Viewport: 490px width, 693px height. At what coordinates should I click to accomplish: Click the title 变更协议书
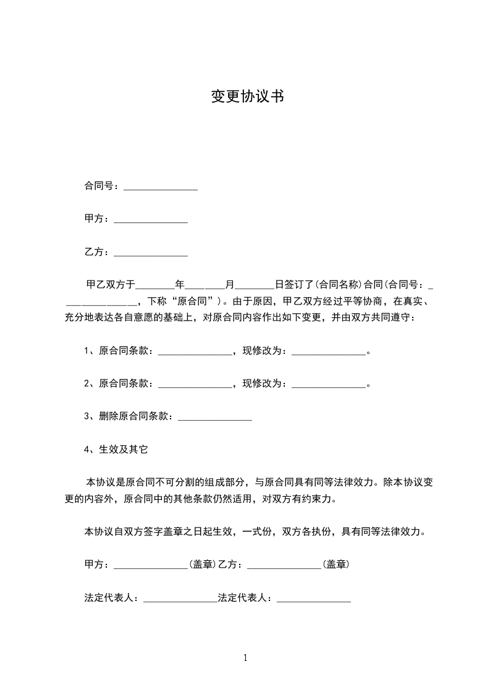247,96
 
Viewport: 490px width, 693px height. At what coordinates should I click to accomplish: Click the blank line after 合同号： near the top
161,187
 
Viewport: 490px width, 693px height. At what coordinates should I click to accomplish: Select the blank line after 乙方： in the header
151,253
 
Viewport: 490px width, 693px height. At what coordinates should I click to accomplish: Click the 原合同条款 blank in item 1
195,351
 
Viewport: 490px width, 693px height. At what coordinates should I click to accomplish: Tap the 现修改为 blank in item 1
329,351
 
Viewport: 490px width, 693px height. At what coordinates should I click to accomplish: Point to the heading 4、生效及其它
116,450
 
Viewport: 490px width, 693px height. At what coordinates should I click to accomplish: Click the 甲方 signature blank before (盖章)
151,565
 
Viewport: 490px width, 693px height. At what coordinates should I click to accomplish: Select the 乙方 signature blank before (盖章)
284,565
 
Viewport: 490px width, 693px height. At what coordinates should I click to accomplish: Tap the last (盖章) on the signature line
336,565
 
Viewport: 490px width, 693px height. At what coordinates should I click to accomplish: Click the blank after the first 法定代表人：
180,598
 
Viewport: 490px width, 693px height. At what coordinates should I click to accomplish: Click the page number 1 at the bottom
245,658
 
